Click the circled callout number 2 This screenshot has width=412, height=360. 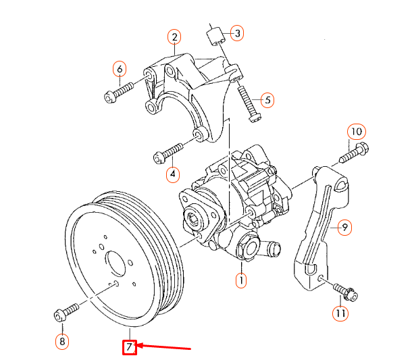click(174, 37)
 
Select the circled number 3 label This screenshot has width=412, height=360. click(237, 33)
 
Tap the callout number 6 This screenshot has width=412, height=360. click(120, 69)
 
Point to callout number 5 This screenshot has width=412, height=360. click(267, 100)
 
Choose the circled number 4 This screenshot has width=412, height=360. click(173, 174)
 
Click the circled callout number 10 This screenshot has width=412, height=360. click(357, 132)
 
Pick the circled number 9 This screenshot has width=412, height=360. click(344, 227)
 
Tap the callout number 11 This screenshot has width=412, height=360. click(340, 313)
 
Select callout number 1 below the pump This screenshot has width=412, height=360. click(241, 281)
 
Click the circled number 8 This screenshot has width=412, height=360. click(62, 342)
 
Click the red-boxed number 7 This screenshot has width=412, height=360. click(130, 347)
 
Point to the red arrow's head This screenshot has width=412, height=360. click(137, 345)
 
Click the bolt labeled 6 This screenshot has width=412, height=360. click(119, 93)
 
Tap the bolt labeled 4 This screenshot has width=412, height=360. click(168, 153)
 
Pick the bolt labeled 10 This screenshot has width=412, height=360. click(354, 153)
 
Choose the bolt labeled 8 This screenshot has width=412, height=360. click(66, 312)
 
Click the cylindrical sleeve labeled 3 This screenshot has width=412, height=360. click(215, 36)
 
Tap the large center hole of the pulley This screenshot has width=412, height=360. click(116, 263)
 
